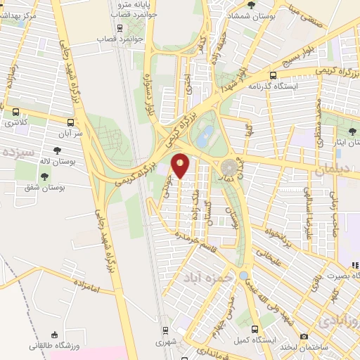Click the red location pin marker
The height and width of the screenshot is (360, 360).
[181, 165]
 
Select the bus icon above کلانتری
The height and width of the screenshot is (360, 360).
[15, 111]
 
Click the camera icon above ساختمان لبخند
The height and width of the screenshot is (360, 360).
[303, 337]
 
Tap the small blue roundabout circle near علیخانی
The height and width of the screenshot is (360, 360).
[243, 275]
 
